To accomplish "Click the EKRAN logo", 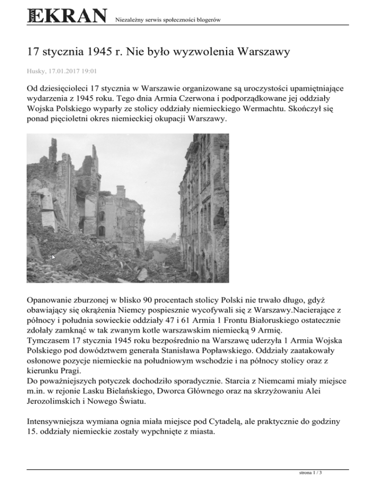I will click(x=67, y=16).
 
